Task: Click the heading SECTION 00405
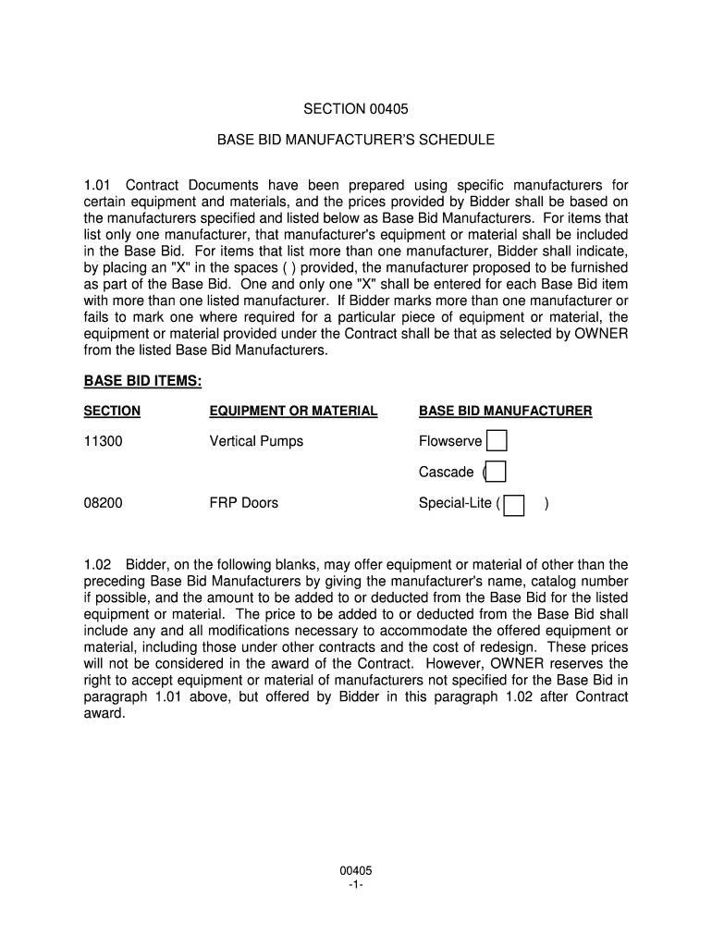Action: pyautogui.click(x=356, y=109)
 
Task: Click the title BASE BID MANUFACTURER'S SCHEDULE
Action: pyautogui.click(x=356, y=140)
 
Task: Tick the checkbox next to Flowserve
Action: pyautogui.click(x=497, y=441)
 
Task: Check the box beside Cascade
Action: pyautogui.click(x=496, y=472)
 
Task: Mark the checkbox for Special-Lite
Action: pyautogui.click(x=514, y=504)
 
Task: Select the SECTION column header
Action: pyautogui.click(x=112, y=411)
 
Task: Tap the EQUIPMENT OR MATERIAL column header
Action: pyautogui.click(x=293, y=411)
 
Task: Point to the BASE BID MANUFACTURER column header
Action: pyautogui.click(x=506, y=411)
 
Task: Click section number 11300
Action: pyautogui.click(x=103, y=442)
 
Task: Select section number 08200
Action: pyautogui.click(x=103, y=504)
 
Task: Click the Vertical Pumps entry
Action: pyautogui.click(x=256, y=442)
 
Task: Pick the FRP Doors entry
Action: pyautogui.click(x=244, y=504)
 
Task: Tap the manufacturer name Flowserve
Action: pyautogui.click(x=450, y=442)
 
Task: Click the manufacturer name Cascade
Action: pyautogui.click(x=446, y=473)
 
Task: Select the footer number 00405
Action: pyautogui.click(x=356, y=871)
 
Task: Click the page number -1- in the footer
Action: pyautogui.click(x=356, y=885)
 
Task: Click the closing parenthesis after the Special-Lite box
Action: pyautogui.click(x=547, y=504)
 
